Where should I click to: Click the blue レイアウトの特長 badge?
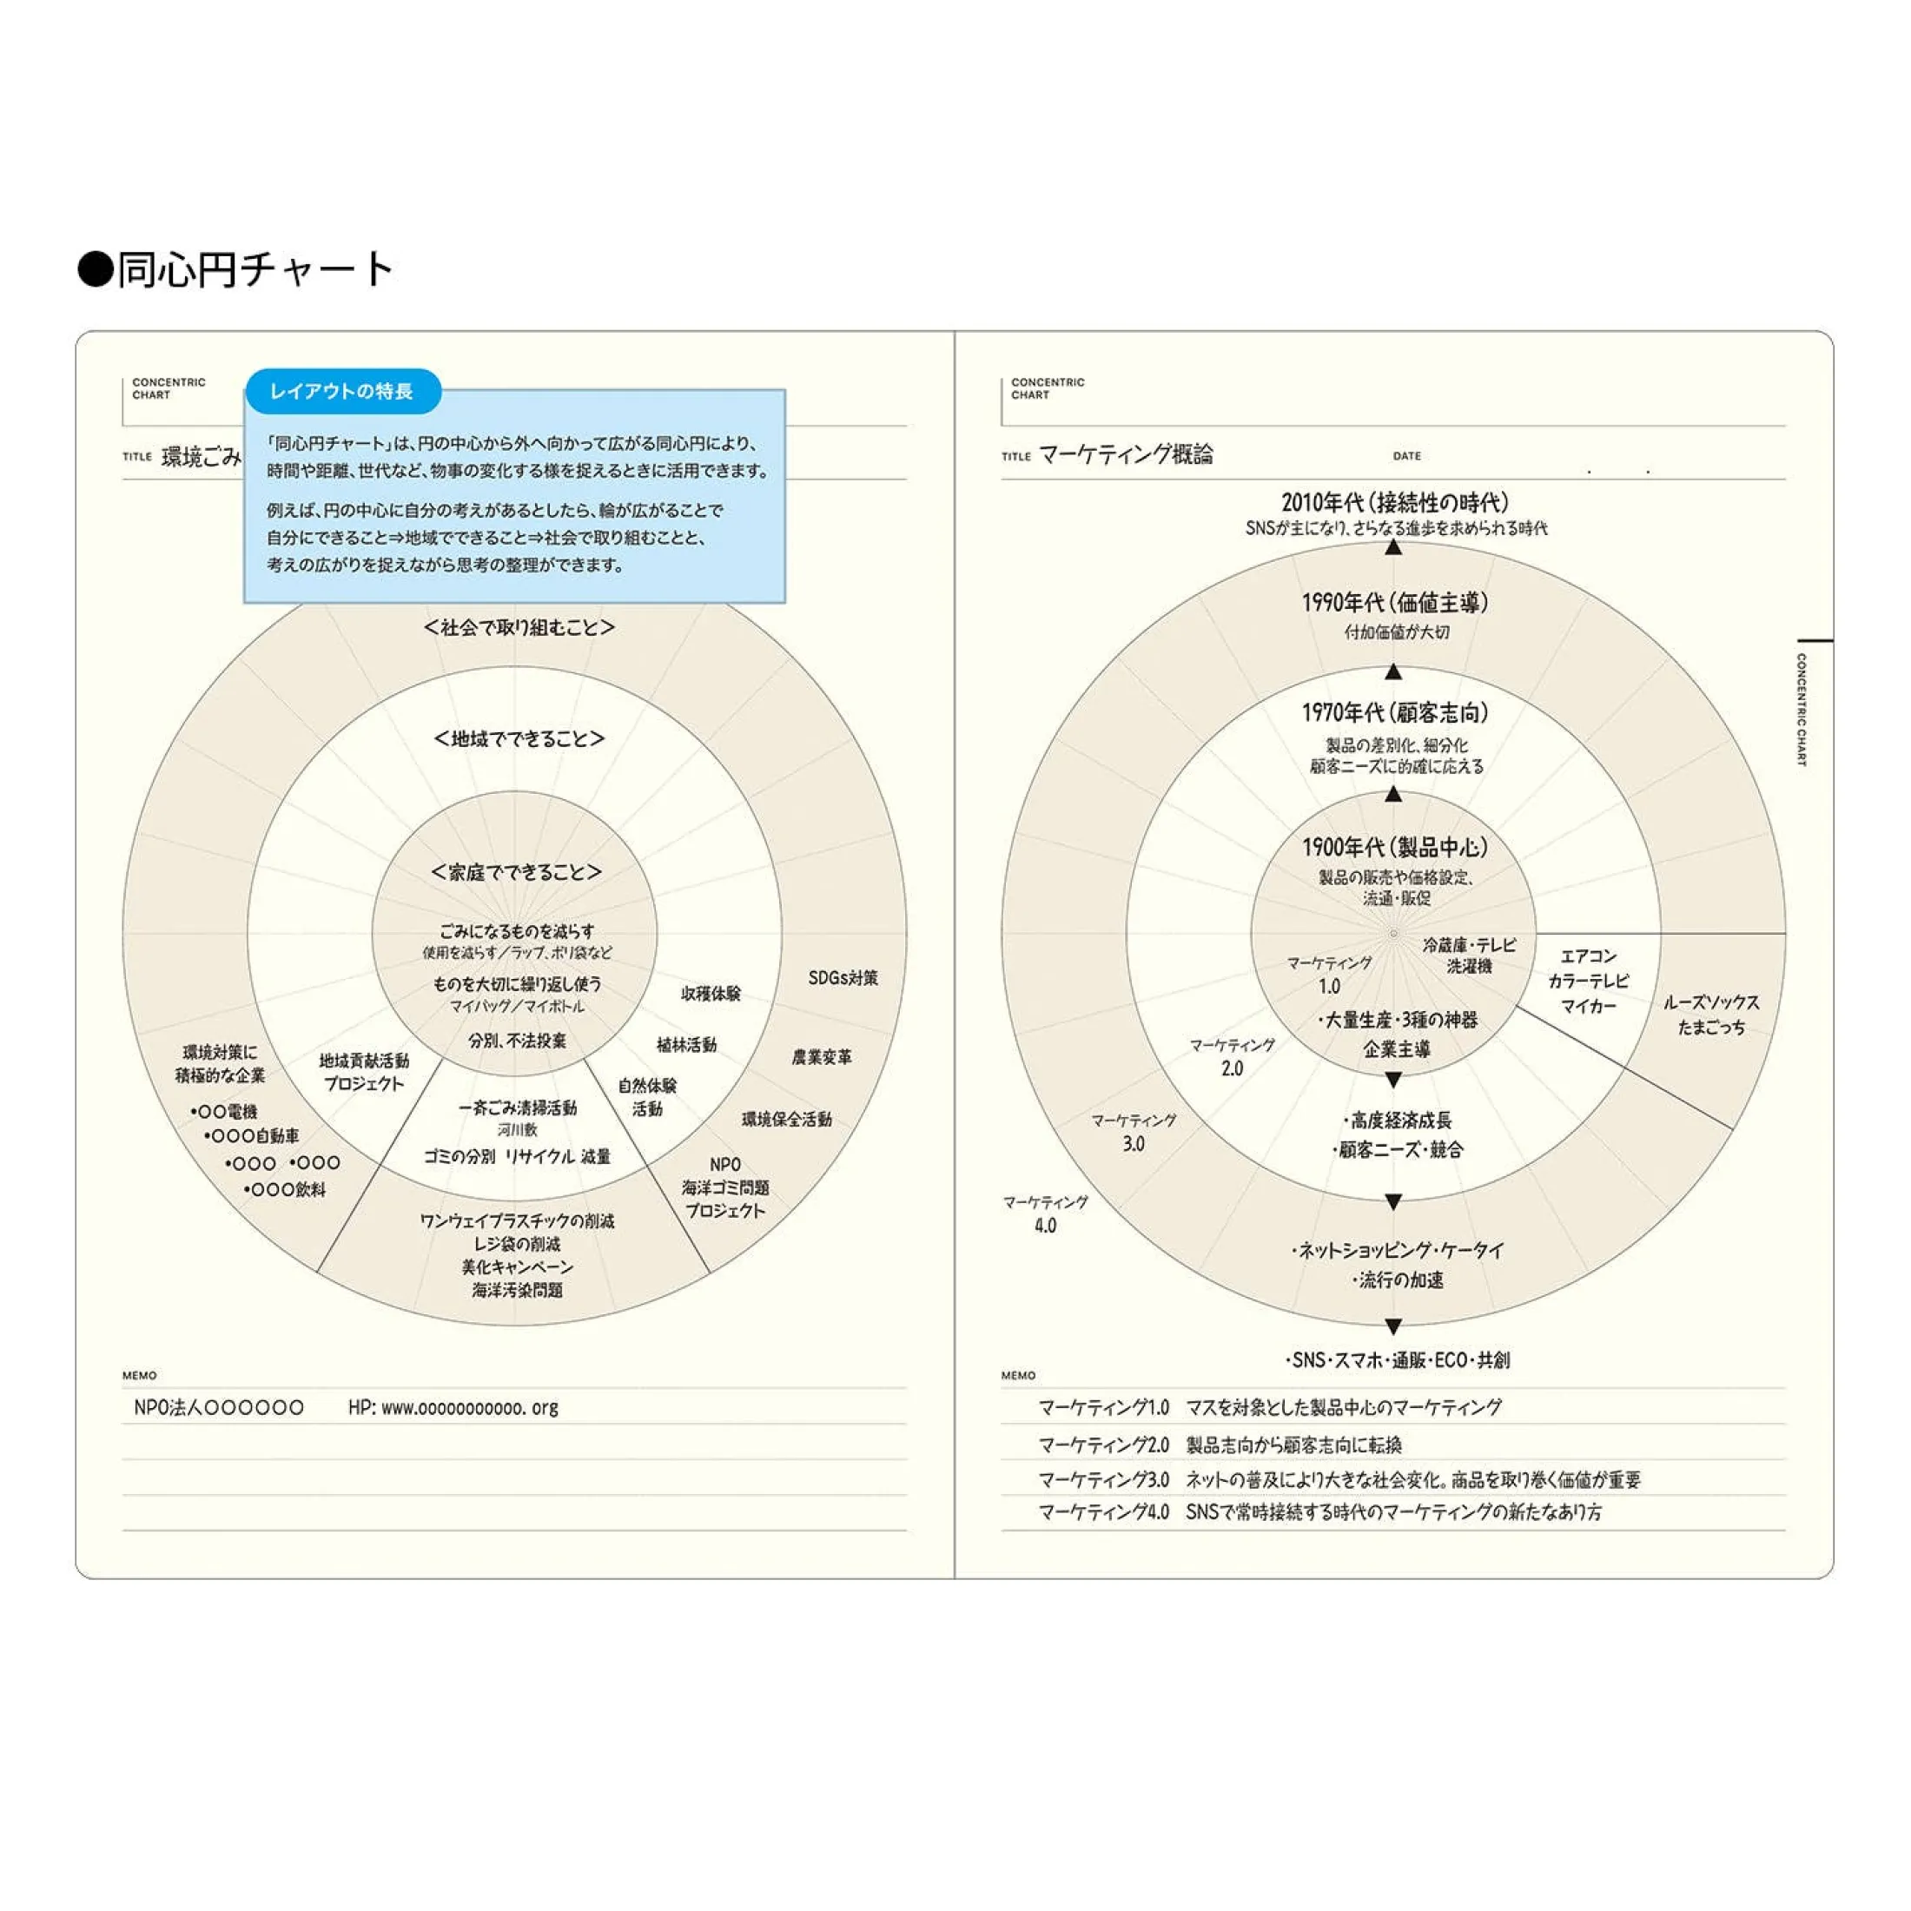pos(341,392)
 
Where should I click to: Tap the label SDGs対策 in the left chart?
pos(843,978)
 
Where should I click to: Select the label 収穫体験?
pos(711,993)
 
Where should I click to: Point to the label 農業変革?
pos(821,1057)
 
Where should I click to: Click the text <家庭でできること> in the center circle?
pos(516,871)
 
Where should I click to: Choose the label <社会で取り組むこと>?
pos(519,627)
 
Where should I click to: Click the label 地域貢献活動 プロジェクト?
pos(364,1072)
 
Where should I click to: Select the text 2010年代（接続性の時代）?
pos(1395,502)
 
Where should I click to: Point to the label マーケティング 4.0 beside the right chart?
pos(1046,1213)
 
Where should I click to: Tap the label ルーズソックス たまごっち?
pos(1711,1015)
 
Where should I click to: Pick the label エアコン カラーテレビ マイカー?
pos(1589,982)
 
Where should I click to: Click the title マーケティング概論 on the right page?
pos(1126,454)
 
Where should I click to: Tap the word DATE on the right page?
pos(1406,456)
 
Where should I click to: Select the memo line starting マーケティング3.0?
pos(1339,1480)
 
